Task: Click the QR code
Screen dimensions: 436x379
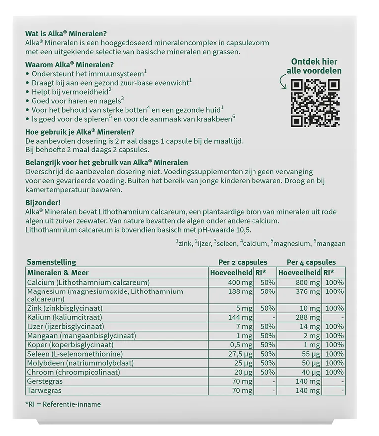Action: (316, 102)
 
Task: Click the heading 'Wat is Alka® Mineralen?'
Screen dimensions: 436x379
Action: (66, 34)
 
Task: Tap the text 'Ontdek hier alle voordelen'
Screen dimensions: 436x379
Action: (317, 66)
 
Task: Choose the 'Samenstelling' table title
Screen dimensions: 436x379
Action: (51, 262)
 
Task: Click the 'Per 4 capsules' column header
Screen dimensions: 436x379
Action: (311, 262)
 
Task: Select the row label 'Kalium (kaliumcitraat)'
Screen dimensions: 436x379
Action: (65, 317)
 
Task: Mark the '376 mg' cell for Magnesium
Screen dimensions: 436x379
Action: (308, 291)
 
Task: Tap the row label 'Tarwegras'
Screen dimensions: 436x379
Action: (44, 390)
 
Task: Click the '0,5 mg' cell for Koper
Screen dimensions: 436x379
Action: (240, 345)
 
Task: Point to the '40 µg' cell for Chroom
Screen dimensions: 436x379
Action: (310, 372)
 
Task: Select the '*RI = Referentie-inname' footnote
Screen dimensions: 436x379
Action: (63, 404)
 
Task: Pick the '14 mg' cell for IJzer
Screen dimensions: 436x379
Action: (310, 326)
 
